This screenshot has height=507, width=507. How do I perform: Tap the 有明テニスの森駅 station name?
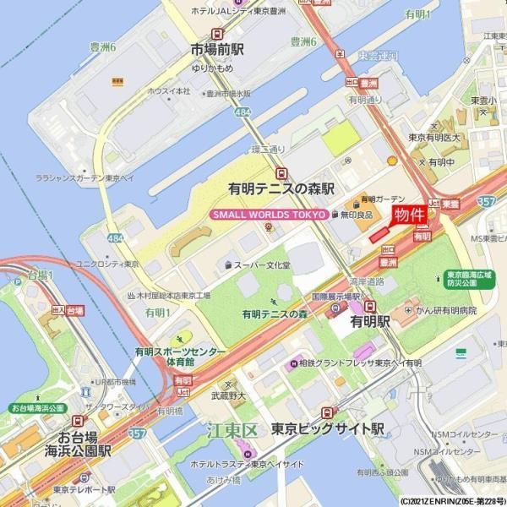pos(281,188)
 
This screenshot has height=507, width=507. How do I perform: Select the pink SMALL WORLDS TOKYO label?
pos(268,215)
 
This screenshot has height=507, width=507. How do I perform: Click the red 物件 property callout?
pos(409,215)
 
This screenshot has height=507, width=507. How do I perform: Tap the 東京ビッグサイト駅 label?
pos(322,428)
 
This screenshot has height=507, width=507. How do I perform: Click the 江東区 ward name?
pos(231,432)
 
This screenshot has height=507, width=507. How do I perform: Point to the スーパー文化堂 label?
pos(262,265)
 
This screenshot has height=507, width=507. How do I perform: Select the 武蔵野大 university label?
pos(227,395)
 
